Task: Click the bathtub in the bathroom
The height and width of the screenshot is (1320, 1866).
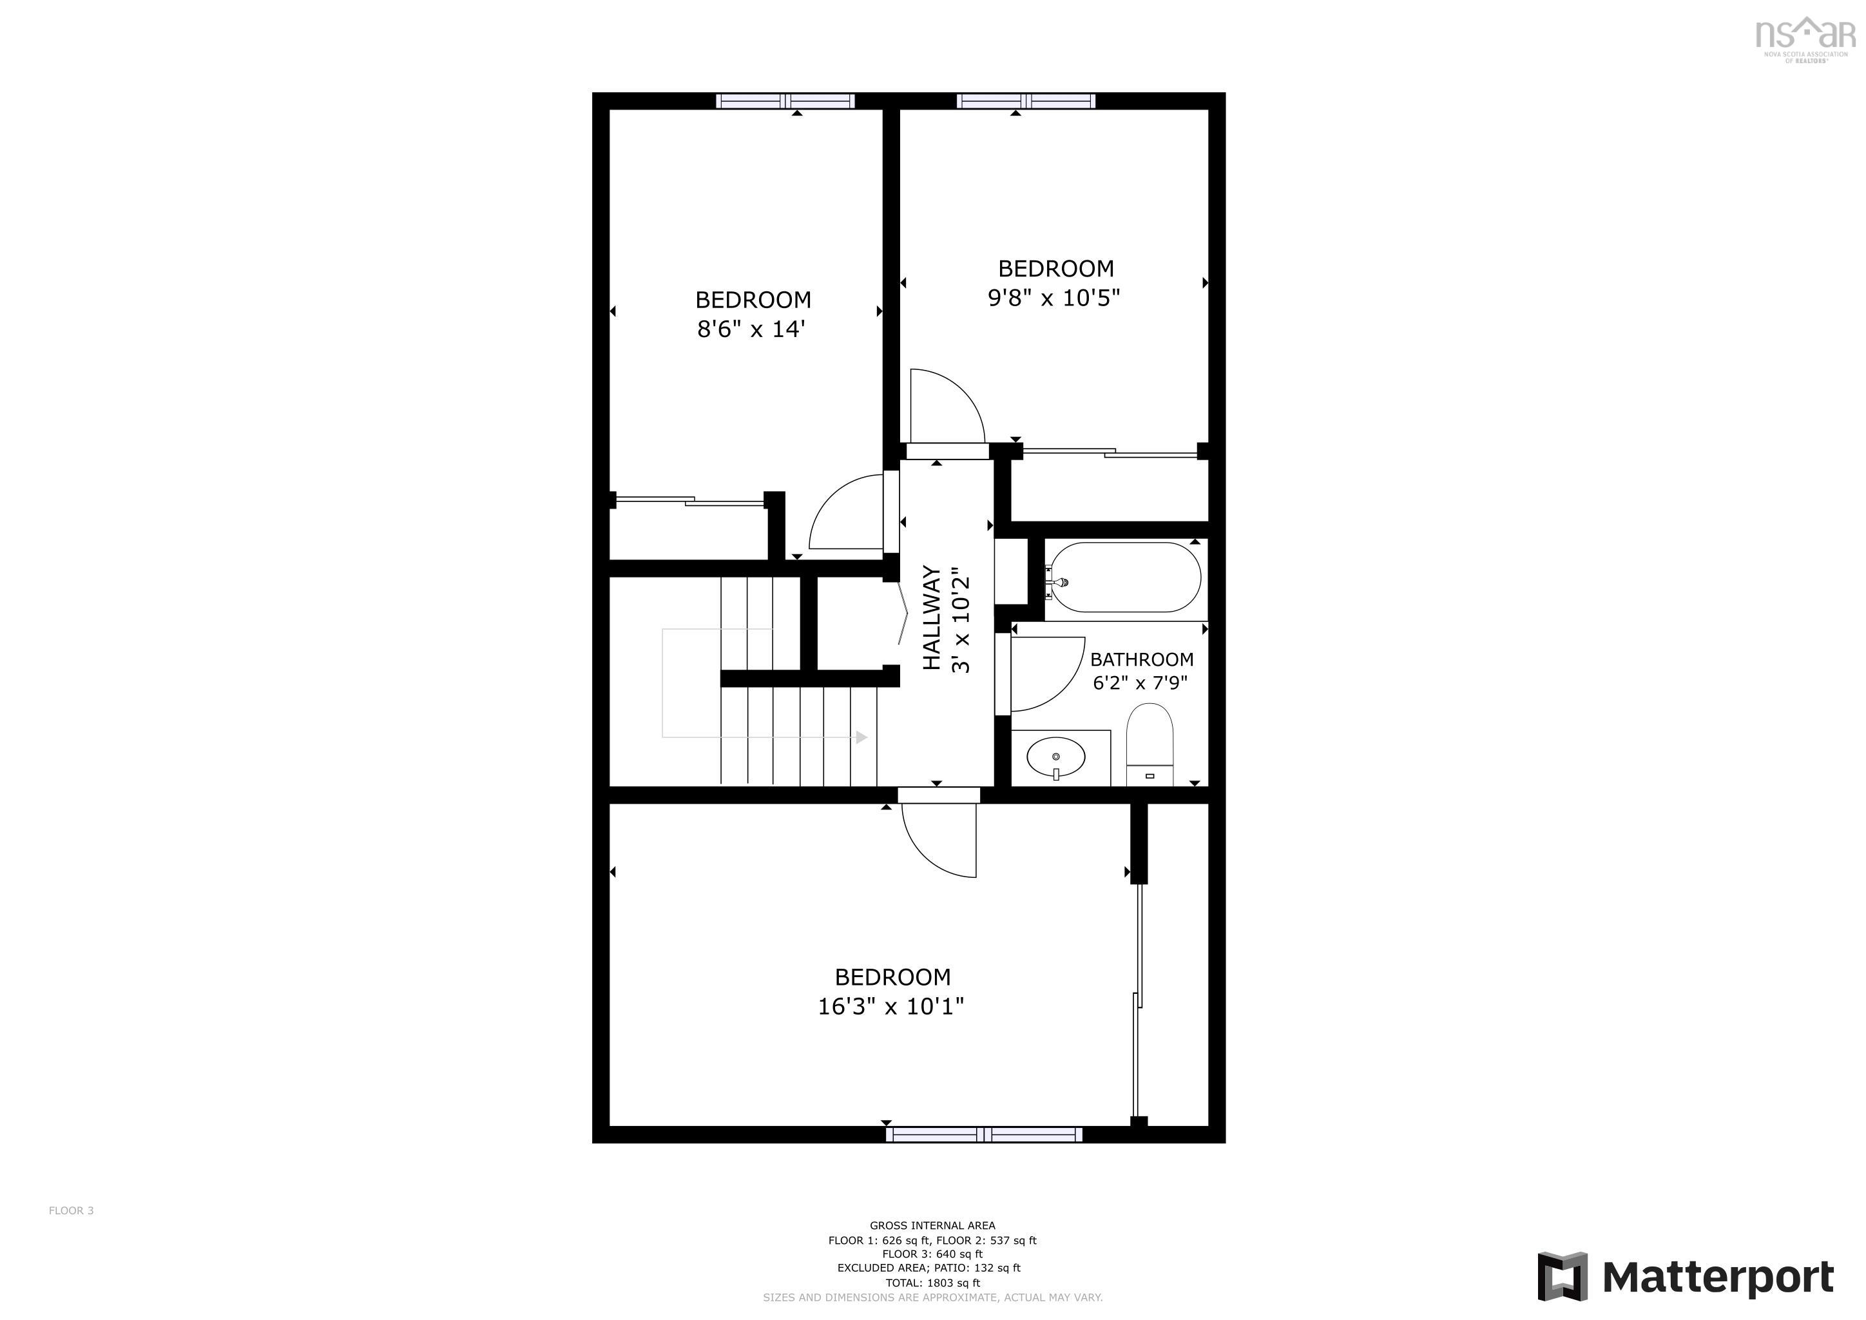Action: click(x=1124, y=577)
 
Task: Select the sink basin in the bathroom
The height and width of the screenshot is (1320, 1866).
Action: click(x=1055, y=757)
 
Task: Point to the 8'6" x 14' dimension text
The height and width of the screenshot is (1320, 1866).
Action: click(x=750, y=329)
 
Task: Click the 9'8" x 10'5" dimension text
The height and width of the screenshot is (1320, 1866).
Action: click(x=1053, y=298)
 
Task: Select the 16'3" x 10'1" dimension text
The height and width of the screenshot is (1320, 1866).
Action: click(x=890, y=1006)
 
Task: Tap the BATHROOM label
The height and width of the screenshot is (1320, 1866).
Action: click(x=1141, y=659)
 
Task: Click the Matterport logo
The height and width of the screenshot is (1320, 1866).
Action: click(x=1686, y=1276)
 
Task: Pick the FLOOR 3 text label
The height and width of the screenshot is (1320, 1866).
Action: click(x=71, y=1210)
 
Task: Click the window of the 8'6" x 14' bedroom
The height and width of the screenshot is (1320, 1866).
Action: click(x=784, y=101)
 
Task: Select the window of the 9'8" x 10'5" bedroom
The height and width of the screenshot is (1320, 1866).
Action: click(x=1025, y=101)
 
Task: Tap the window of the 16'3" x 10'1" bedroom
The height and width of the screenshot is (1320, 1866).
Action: click(x=983, y=1134)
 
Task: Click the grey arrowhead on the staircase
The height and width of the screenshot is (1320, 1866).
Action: click(x=861, y=737)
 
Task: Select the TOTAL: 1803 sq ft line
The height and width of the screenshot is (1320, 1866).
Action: click(x=932, y=1283)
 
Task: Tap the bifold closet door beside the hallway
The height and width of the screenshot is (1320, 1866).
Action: click(x=904, y=614)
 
